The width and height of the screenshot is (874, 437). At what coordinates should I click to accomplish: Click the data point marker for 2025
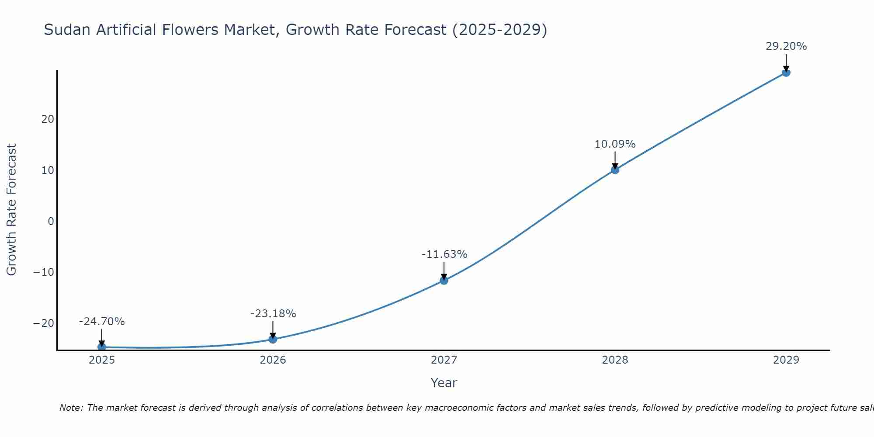coord(102,347)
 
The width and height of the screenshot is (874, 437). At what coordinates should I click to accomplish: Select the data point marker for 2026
coord(273,339)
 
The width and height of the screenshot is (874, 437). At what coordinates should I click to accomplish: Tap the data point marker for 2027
coord(444,281)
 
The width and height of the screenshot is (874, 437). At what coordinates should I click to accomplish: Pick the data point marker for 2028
coord(615,170)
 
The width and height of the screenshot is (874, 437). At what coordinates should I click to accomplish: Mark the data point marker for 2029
coord(786,73)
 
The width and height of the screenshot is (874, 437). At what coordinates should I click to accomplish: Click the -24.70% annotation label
coord(102,322)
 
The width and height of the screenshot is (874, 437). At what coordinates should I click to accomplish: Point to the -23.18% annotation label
coord(273,314)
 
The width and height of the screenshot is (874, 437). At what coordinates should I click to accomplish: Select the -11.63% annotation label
coord(444,254)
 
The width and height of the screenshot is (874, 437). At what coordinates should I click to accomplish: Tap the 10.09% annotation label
coord(615,144)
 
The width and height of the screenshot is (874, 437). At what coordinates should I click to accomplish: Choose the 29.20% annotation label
coord(786,46)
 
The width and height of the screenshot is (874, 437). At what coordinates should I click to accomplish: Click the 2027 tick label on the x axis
coord(444,360)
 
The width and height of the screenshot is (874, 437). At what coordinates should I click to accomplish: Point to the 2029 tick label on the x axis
coord(786,360)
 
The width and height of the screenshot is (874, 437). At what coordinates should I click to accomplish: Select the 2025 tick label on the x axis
coord(102,360)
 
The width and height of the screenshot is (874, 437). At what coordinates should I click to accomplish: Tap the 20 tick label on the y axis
coord(48,119)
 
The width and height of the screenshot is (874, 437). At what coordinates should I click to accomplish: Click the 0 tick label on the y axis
coord(51,221)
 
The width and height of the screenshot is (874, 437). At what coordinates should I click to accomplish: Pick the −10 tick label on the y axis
coord(44,272)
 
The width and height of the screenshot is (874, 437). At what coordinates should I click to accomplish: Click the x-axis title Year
coord(444,383)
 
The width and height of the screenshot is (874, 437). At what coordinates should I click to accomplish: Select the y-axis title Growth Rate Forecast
coord(11,210)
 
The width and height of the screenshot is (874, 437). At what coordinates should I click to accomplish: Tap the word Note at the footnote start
coord(70,408)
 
